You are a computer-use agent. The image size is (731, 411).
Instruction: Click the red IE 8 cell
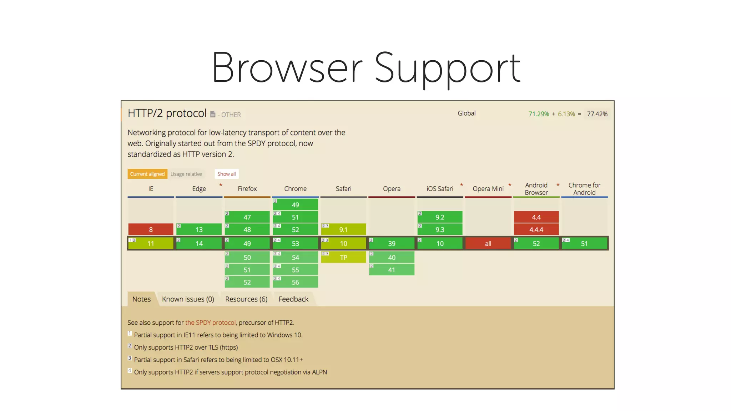click(151, 229)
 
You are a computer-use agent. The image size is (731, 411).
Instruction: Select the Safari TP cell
click(343, 257)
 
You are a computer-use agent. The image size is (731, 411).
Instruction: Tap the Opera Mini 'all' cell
click(488, 243)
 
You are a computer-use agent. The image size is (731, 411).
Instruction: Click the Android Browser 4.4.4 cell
click(536, 229)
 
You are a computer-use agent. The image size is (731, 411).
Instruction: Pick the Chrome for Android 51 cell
click(584, 243)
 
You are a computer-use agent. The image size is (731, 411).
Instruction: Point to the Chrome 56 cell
click(295, 282)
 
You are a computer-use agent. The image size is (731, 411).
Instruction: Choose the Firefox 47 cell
click(247, 217)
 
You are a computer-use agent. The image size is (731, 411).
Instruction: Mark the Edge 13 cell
click(199, 229)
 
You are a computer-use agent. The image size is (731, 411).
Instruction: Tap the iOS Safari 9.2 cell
click(440, 217)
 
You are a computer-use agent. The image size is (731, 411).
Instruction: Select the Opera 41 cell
click(392, 270)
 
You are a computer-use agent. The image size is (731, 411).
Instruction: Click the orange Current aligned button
click(147, 174)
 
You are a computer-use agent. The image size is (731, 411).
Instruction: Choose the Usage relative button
click(186, 174)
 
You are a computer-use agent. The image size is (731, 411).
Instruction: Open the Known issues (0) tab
click(188, 299)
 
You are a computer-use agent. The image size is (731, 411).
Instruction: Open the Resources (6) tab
click(246, 299)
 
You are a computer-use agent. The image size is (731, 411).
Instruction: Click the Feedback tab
click(293, 299)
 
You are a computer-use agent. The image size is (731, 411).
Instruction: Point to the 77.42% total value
click(597, 114)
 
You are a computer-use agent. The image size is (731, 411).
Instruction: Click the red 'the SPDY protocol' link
click(210, 323)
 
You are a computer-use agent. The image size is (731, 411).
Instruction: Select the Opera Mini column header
click(488, 189)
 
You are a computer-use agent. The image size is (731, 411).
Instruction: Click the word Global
click(467, 113)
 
